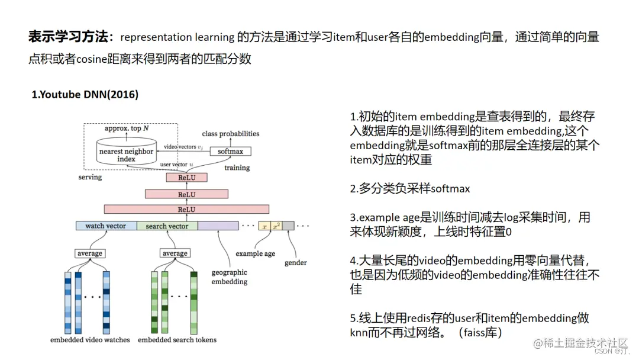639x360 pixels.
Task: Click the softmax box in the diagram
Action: click(x=231, y=151)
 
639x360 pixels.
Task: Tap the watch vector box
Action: click(x=106, y=226)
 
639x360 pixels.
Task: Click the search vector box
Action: click(x=167, y=226)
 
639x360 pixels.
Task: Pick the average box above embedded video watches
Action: click(x=89, y=253)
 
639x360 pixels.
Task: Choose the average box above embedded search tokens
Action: click(x=175, y=253)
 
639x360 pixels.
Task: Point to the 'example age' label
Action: click(x=255, y=253)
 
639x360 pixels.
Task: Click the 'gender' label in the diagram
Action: click(x=295, y=262)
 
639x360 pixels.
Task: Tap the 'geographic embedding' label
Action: click(x=230, y=277)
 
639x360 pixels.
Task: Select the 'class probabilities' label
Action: click(x=231, y=134)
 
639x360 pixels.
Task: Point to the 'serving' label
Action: click(x=90, y=177)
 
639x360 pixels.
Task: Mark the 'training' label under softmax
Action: click(x=237, y=168)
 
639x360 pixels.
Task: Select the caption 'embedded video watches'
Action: click(x=90, y=340)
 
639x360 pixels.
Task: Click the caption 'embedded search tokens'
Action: click(x=177, y=340)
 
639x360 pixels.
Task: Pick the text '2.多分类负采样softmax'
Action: click(x=410, y=189)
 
